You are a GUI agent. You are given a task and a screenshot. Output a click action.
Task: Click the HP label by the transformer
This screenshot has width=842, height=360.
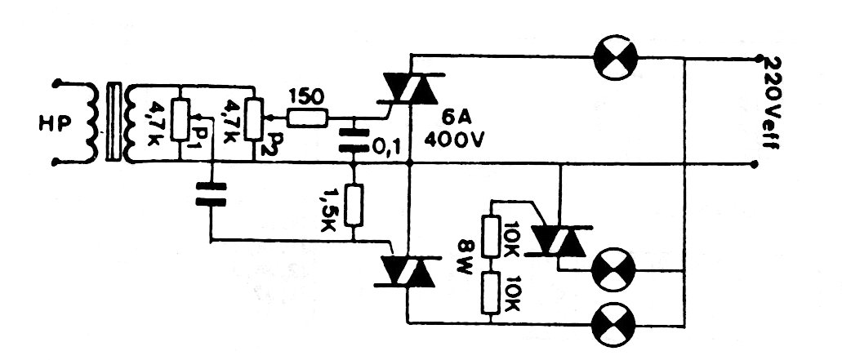[55, 124]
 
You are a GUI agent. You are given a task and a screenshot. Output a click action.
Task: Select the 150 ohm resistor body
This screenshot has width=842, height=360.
[307, 118]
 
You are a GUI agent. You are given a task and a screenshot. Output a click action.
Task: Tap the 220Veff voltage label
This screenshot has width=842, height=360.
[773, 102]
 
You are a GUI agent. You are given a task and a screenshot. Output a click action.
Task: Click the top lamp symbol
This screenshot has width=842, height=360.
[615, 57]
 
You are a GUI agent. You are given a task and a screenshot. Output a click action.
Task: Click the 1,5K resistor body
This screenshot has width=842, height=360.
[354, 205]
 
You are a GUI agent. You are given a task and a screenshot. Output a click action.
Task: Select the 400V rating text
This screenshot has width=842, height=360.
[455, 140]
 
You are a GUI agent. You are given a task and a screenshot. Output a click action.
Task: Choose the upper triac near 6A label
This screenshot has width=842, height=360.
[410, 87]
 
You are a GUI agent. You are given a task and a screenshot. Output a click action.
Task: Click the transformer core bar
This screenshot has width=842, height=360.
[114, 122]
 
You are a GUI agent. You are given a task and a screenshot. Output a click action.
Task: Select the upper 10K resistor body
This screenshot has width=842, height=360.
[492, 235]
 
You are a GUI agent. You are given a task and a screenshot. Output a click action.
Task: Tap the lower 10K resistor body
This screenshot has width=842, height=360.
[492, 292]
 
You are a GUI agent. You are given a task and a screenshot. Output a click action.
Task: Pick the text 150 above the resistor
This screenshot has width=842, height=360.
[307, 98]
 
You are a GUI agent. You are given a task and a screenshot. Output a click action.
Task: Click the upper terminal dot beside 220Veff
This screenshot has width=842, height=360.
[758, 57]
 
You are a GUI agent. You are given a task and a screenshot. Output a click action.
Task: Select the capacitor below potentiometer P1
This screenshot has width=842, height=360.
[211, 194]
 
